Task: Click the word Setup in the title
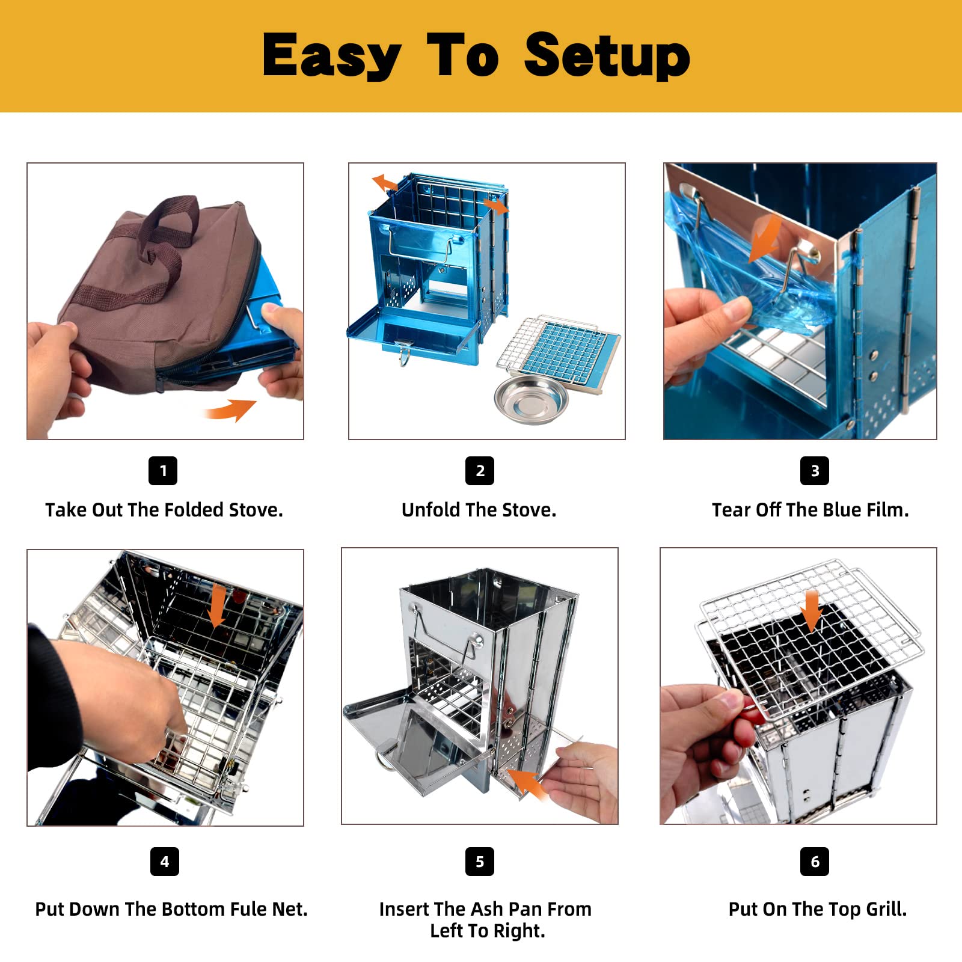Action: tap(607, 55)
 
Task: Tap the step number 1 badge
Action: tap(163, 471)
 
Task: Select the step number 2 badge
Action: tap(480, 471)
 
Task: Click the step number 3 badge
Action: tap(815, 471)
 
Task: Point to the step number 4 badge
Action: tap(165, 862)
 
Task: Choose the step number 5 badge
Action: tap(480, 862)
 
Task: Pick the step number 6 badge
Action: tap(815, 862)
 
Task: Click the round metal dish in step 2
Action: tap(531, 400)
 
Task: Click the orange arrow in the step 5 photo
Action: tap(529, 783)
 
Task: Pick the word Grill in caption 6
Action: tap(884, 909)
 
